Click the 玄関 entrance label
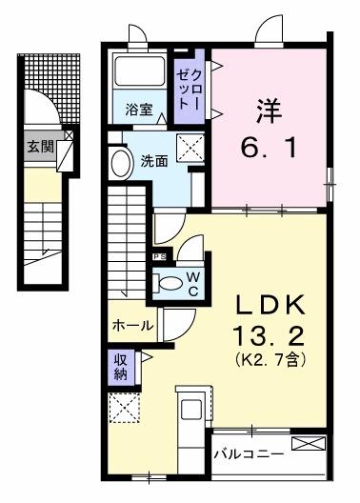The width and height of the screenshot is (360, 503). click(39, 148)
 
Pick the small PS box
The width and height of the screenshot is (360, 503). click(157, 256)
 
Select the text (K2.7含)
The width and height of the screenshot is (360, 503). click(272, 360)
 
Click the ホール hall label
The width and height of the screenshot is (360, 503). click(133, 326)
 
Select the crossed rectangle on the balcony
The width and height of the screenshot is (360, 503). click(311, 443)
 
